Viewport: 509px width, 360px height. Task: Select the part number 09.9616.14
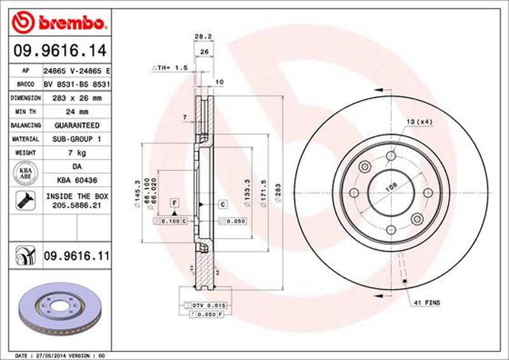pyautogui.click(x=57, y=49)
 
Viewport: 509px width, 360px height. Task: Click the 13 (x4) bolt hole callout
pyautogui.click(x=417, y=121)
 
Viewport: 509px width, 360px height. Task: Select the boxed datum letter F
pyautogui.click(x=172, y=203)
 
